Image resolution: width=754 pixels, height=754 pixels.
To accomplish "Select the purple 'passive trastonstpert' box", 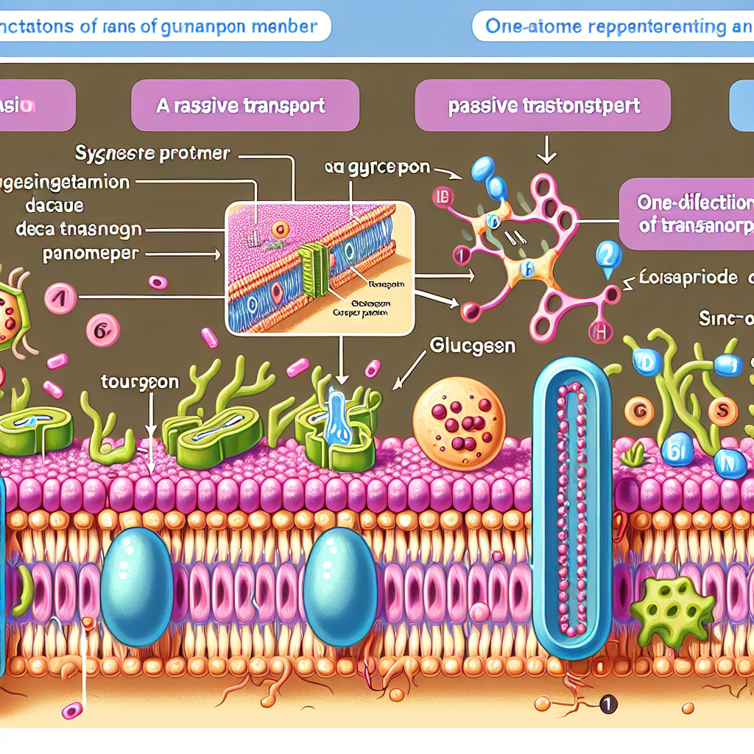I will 543,105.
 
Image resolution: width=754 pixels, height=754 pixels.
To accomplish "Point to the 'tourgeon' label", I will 139,382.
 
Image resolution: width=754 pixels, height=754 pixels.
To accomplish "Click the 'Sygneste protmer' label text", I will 153,154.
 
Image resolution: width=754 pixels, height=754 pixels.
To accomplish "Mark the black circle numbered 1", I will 607,704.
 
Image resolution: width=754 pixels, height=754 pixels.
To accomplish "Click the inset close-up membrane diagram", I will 319,269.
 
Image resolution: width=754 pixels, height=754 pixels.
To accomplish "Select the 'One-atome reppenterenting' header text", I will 608,27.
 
